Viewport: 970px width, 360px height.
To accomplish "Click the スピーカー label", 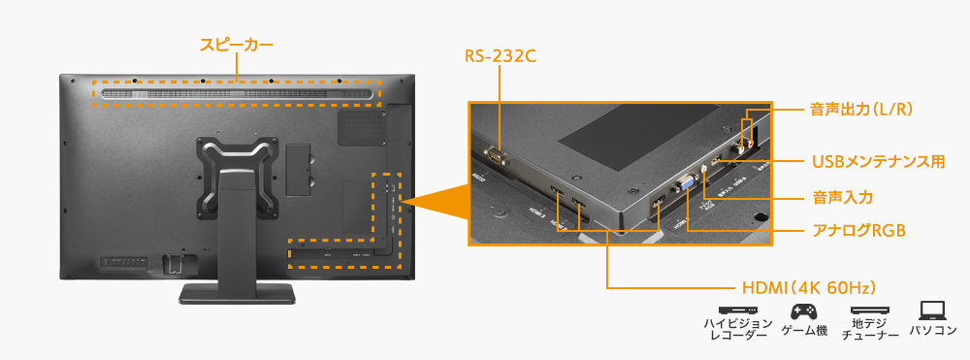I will click(x=237, y=45).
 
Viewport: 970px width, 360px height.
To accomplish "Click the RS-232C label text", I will click(x=500, y=56).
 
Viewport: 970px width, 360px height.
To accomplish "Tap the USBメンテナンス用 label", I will click(x=877, y=161).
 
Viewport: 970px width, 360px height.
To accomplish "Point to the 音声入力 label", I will click(x=842, y=197).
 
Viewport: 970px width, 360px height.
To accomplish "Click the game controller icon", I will click(x=804, y=311).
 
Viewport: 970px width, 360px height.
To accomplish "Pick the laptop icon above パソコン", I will click(x=932, y=311).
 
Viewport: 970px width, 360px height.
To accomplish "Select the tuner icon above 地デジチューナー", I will click(x=869, y=311).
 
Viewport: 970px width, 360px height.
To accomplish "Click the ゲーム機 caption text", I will click(x=804, y=332).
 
